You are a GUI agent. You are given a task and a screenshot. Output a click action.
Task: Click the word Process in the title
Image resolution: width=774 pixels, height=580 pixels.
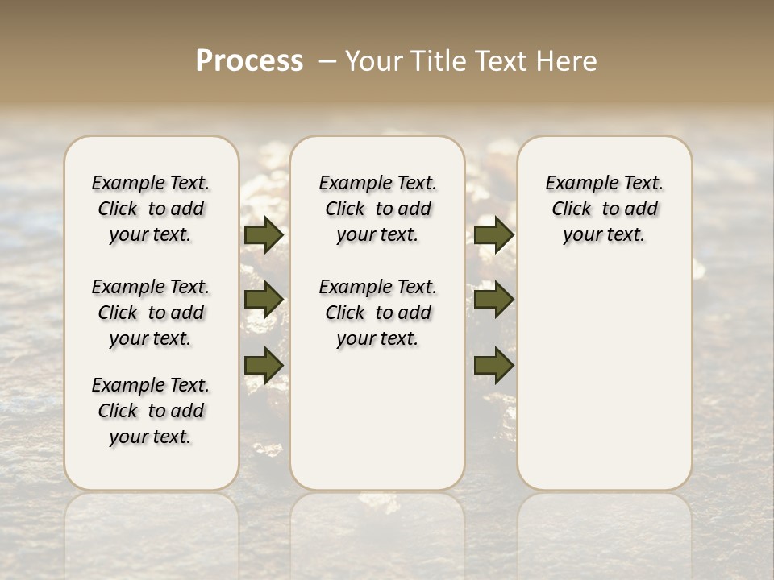[x=249, y=60]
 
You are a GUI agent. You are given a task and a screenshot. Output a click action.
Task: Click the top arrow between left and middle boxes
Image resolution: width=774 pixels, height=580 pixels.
[x=264, y=235]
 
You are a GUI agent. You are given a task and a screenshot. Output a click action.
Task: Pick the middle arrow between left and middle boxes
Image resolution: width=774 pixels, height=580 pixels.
[x=264, y=300]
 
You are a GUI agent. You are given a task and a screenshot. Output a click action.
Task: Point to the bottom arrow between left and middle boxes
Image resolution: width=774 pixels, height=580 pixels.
[x=264, y=365]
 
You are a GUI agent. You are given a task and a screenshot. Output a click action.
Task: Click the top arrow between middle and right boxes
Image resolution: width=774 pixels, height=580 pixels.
[x=494, y=235]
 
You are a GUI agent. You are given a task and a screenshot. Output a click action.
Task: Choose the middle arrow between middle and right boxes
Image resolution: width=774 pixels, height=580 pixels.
[x=494, y=300]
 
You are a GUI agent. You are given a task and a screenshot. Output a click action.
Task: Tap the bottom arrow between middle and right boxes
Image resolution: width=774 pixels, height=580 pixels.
[x=494, y=365]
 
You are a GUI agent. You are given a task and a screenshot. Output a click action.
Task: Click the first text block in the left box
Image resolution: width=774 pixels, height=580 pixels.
[x=151, y=209]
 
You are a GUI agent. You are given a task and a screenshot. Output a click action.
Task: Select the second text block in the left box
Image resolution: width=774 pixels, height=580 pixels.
[x=151, y=313]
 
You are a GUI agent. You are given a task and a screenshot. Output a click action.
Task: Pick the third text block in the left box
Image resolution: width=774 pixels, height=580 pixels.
[x=151, y=411]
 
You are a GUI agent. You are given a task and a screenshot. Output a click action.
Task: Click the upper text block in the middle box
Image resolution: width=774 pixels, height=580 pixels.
[x=377, y=209]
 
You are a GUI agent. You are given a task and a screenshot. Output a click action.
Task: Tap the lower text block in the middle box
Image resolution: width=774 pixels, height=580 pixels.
[x=377, y=313]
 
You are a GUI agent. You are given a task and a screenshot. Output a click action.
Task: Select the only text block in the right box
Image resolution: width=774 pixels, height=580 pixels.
[x=605, y=209]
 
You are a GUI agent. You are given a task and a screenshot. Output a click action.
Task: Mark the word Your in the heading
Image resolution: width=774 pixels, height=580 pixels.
[x=369, y=60]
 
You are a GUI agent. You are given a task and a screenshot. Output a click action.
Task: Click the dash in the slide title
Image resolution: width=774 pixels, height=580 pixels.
[x=327, y=61]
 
